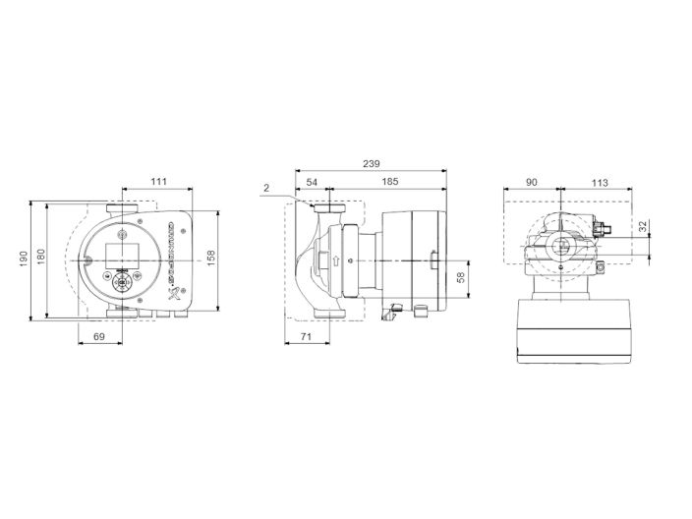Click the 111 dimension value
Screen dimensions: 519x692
point(159,181)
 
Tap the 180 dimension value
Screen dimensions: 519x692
point(41,256)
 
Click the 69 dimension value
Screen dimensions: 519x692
point(98,337)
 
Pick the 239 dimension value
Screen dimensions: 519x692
point(371,163)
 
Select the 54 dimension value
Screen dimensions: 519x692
point(312,182)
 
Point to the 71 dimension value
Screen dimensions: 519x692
point(305,337)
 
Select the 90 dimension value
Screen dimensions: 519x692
point(532,181)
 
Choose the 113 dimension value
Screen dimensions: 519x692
point(602,181)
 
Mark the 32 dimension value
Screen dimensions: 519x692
point(644,226)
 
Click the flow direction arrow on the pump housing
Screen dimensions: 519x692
point(336,261)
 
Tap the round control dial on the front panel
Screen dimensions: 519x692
point(123,282)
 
